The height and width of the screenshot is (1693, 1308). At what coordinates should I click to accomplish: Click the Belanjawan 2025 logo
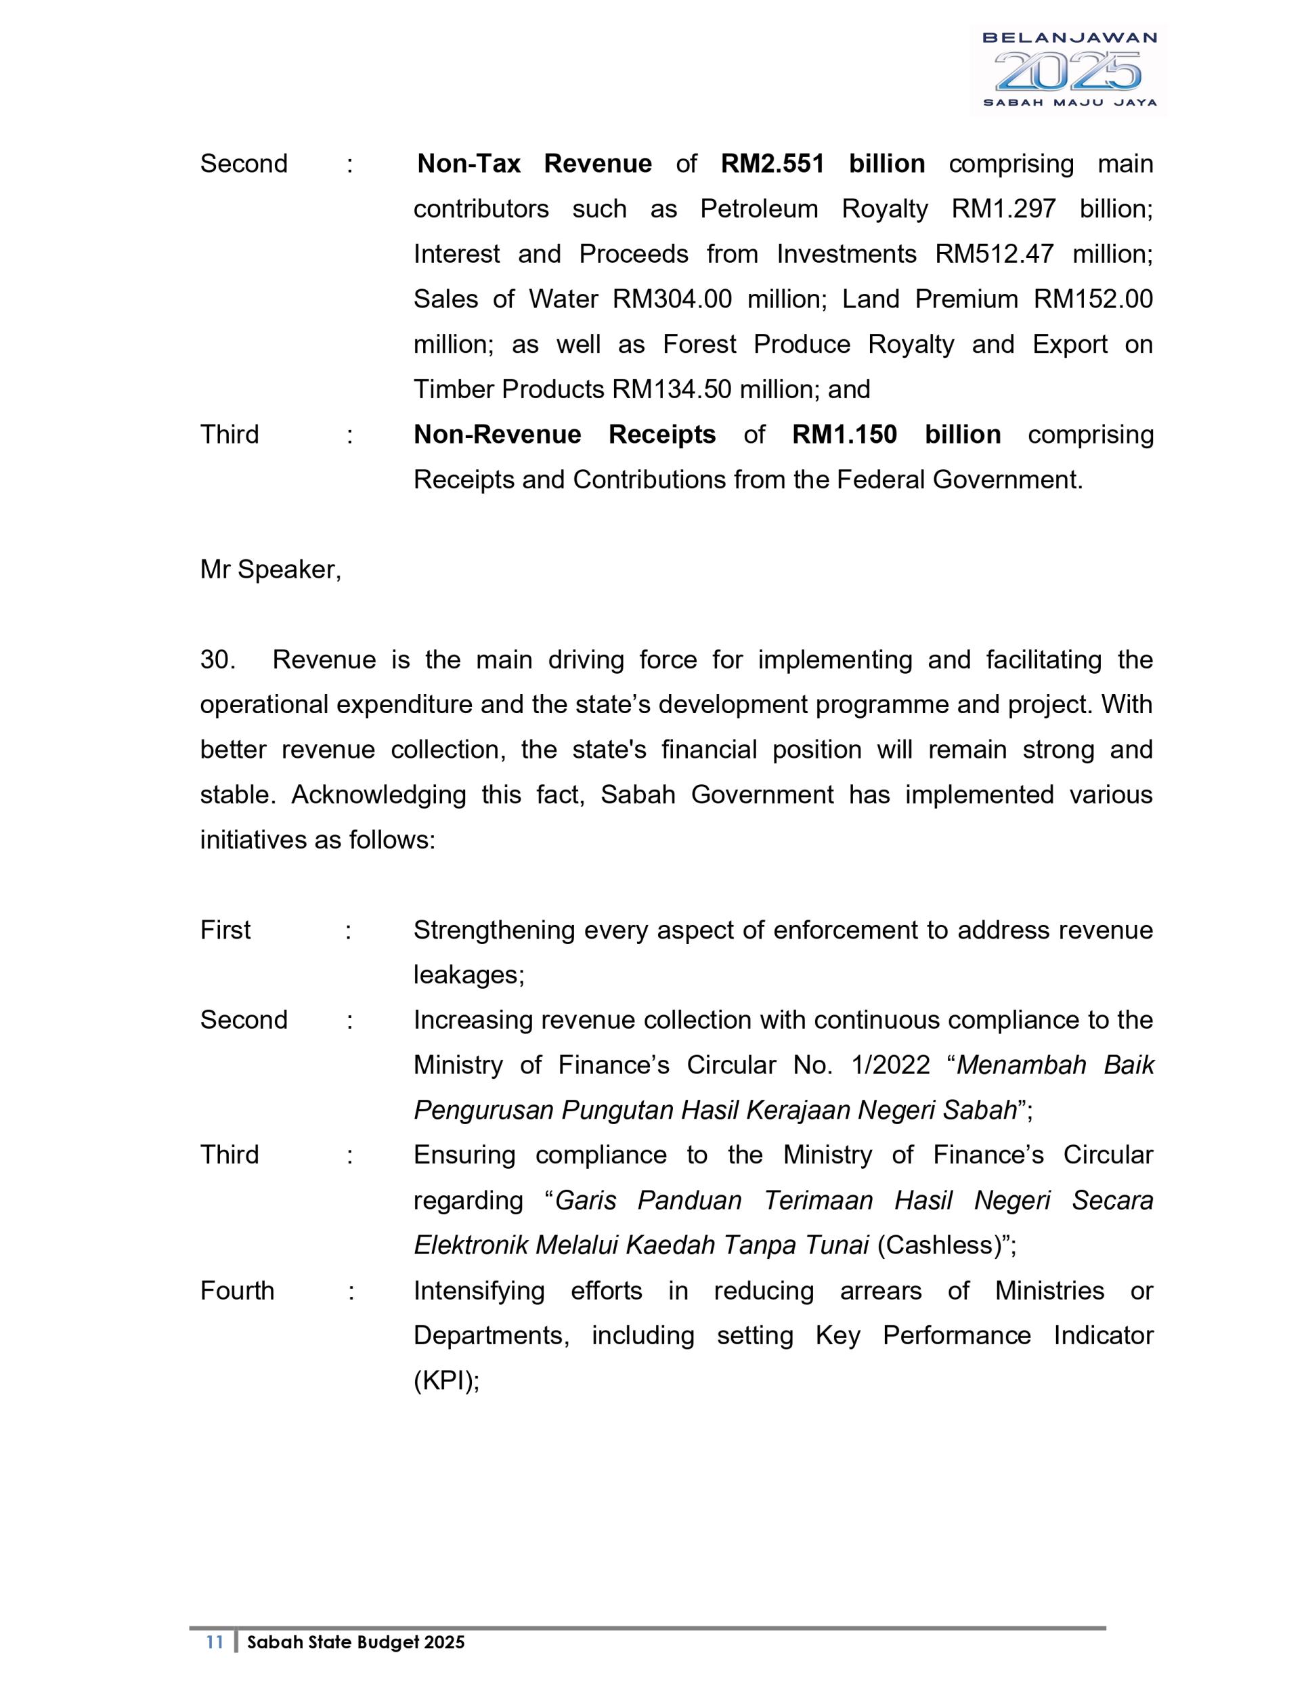tap(1068, 70)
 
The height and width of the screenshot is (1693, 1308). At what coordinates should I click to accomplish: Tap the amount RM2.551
tap(772, 164)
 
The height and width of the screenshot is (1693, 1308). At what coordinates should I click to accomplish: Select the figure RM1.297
tap(1003, 209)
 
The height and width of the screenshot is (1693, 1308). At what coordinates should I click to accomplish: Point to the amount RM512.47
tap(994, 253)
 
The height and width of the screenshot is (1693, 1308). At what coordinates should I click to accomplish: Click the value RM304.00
tap(672, 299)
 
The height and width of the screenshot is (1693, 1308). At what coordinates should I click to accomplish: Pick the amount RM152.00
tap(1093, 299)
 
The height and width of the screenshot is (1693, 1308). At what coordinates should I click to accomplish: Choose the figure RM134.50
tap(671, 389)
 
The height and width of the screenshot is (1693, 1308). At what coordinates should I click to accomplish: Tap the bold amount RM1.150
tap(844, 434)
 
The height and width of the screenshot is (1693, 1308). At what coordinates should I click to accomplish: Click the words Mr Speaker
tap(270, 570)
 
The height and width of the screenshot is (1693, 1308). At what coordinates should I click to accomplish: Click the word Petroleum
tap(759, 209)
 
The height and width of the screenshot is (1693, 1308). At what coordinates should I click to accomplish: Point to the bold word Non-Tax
tap(468, 164)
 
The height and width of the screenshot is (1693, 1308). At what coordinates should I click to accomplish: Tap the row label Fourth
tap(237, 1291)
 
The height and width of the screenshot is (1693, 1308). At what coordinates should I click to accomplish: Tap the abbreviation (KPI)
tap(446, 1381)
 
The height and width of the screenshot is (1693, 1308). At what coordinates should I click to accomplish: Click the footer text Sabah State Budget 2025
tap(355, 1642)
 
